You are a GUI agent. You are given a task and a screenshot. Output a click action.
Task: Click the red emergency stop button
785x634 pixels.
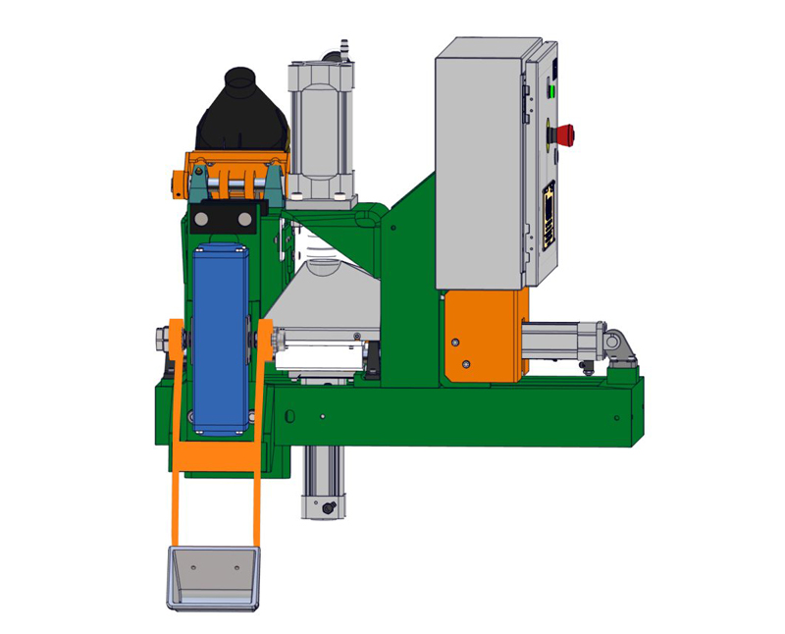[x=565, y=130]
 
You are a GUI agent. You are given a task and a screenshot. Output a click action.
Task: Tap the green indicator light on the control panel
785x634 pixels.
[x=551, y=93]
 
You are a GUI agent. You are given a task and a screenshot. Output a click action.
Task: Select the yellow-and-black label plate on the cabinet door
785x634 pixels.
[x=549, y=216]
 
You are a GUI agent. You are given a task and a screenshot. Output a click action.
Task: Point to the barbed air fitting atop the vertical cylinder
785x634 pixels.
[x=342, y=47]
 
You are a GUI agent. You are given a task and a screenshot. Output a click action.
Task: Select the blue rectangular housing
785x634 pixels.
[x=221, y=339]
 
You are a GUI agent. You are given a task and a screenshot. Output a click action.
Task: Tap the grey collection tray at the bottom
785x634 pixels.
[x=214, y=577]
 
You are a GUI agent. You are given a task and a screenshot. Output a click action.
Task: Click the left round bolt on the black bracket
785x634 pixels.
[x=203, y=218]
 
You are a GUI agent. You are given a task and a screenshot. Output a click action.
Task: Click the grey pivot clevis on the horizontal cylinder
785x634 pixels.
[x=618, y=344]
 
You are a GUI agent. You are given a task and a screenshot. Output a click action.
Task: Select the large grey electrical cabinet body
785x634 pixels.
[x=481, y=167]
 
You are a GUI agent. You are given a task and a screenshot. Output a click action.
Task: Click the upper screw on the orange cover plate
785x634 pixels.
[x=454, y=342]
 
